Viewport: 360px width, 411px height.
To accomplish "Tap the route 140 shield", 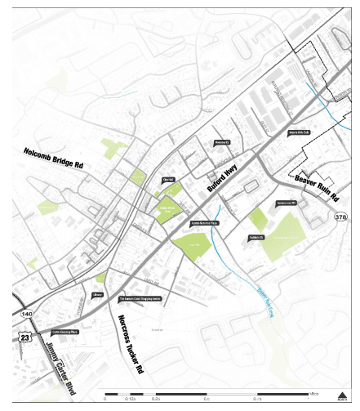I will pyautogui.click(x=28, y=312).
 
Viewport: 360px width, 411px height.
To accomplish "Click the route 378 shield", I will pyautogui.click(x=340, y=216).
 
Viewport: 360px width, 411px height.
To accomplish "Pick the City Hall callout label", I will pyautogui.click(x=169, y=180).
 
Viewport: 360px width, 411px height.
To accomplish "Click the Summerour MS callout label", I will pyautogui.click(x=285, y=202).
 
